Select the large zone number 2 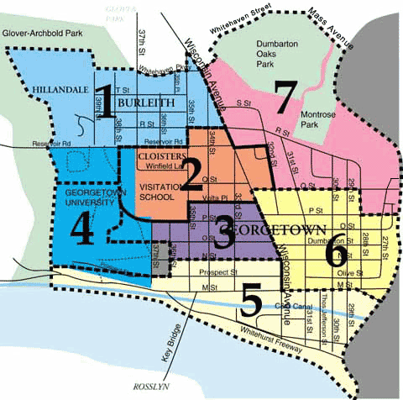[x=194, y=173]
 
